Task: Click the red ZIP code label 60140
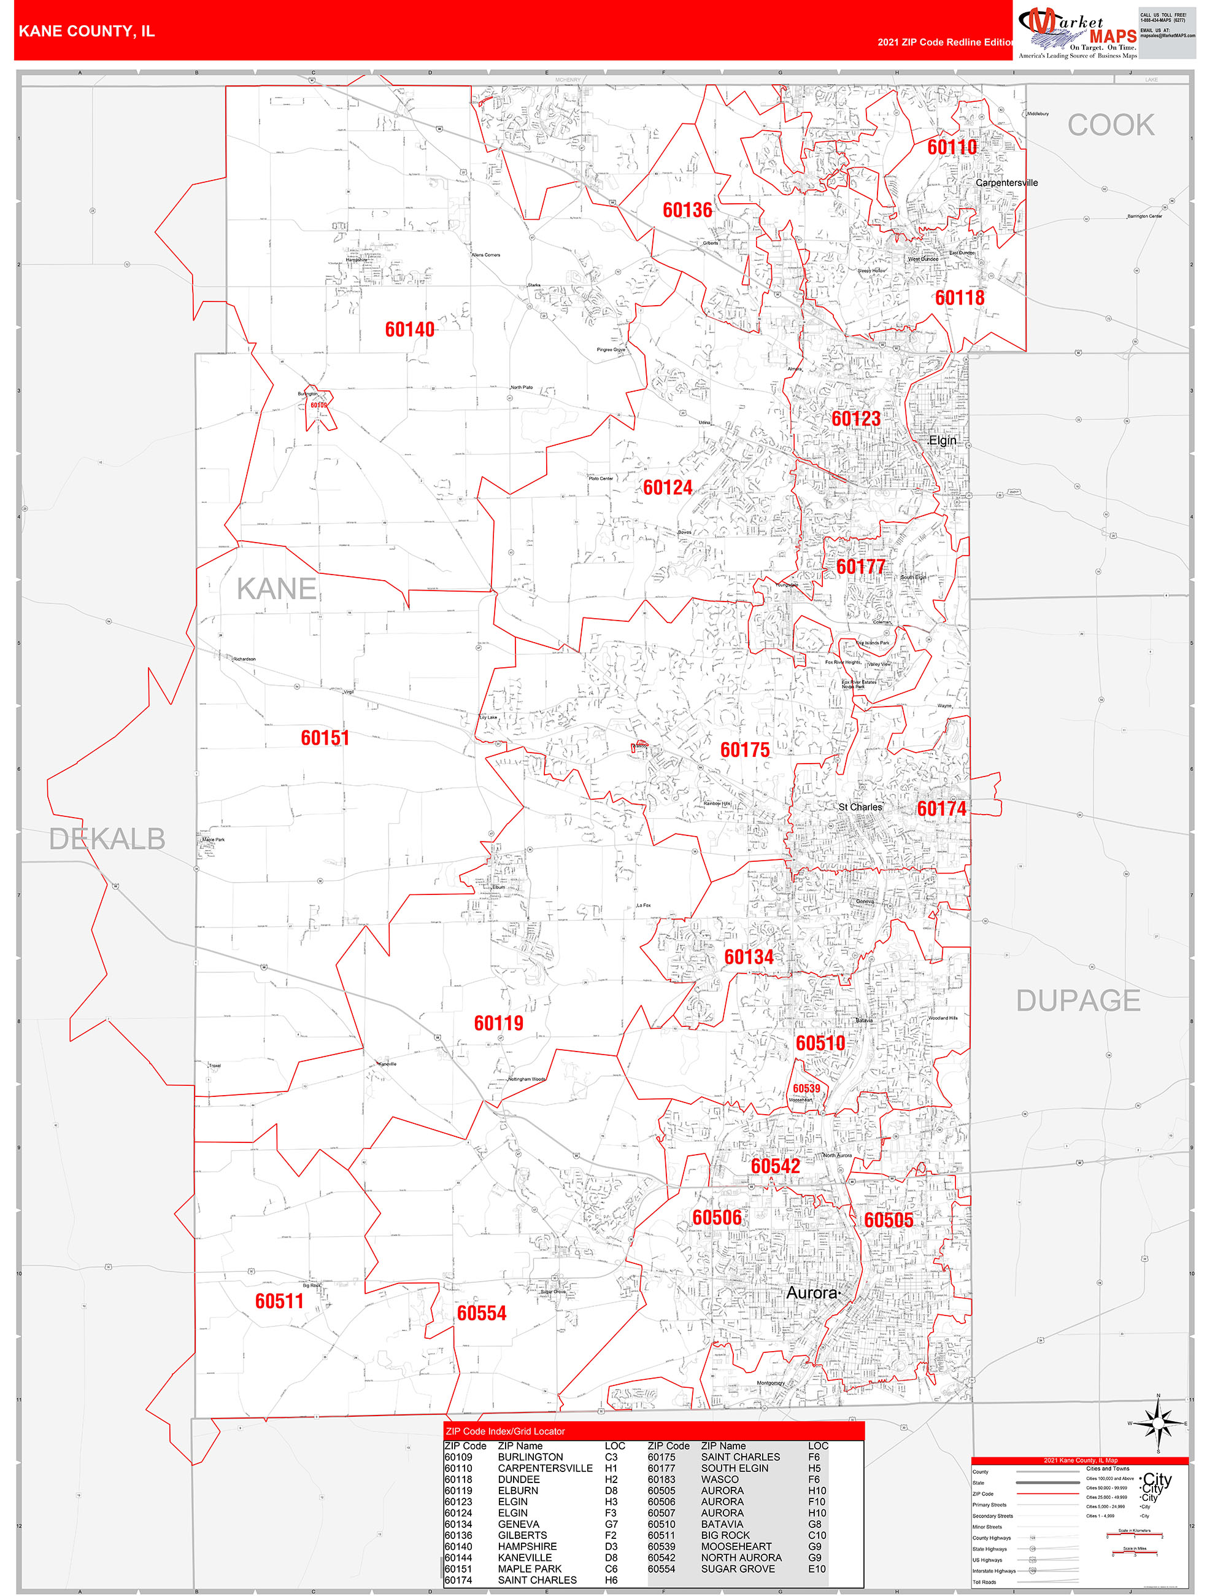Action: point(409,330)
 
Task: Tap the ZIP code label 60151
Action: point(325,738)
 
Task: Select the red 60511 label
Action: point(279,1301)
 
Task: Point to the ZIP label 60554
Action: point(481,1313)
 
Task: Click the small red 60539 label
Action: point(806,1089)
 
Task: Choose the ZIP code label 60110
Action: point(952,147)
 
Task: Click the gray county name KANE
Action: point(276,589)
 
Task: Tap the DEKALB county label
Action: point(107,839)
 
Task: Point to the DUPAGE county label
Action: point(1078,1001)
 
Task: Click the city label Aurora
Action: point(812,1293)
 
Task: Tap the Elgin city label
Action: point(943,440)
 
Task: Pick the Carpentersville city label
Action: point(1006,182)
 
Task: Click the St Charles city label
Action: point(860,807)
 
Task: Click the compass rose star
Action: point(1158,1424)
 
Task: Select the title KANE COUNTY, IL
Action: point(87,31)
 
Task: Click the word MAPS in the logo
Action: point(1113,37)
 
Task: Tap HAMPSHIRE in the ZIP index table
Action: point(526,1546)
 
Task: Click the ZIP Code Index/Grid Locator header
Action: point(505,1431)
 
